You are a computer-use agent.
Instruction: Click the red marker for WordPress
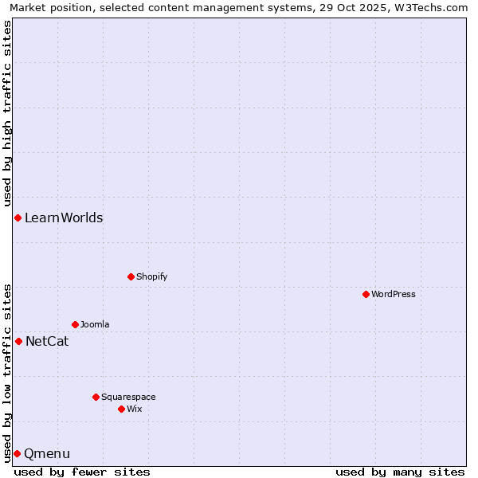point(366,294)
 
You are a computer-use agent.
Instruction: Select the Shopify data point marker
point(131,276)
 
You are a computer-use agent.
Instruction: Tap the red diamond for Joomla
point(75,324)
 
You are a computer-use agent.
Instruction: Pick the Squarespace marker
point(96,397)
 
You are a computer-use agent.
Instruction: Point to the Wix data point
point(121,409)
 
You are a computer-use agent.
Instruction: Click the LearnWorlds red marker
point(18,217)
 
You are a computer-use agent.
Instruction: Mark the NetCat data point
point(18,341)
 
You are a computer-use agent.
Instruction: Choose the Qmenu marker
point(17,453)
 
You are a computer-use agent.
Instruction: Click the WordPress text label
point(394,294)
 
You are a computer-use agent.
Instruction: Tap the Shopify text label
point(151,276)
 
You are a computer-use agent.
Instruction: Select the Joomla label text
point(95,324)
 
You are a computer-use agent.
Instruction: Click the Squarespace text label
point(128,397)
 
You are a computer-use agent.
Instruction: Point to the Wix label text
point(134,409)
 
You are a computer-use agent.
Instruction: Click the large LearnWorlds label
point(64,217)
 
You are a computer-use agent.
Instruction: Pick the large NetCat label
point(47,341)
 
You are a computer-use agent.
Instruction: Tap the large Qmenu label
point(47,453)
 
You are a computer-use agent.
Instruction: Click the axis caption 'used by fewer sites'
point(82,472)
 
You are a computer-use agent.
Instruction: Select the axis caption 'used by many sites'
point(400,472)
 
